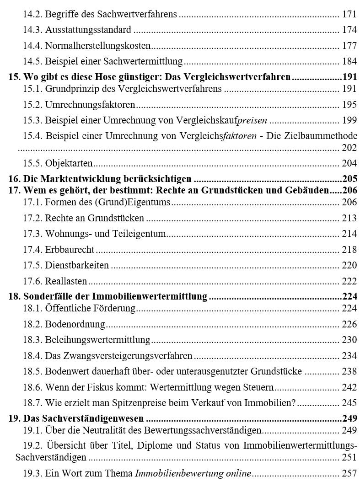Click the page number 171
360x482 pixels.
pyautogui.click(x=349, y=14)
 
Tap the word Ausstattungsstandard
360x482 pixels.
pyautogui.click(x=88, y=30)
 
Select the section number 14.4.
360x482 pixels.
pyautogui.click(x=32, y=46)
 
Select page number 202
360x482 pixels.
pyautogui.click(x=349, y=148)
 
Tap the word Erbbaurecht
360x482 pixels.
pyautogui.click(x=70, y=250)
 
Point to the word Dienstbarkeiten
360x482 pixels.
pyautogui.click(x=77, y=265)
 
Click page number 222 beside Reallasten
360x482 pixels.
pyautogui.click(x=349, y=281)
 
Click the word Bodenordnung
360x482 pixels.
pyautogui.click(x=75, y=325)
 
